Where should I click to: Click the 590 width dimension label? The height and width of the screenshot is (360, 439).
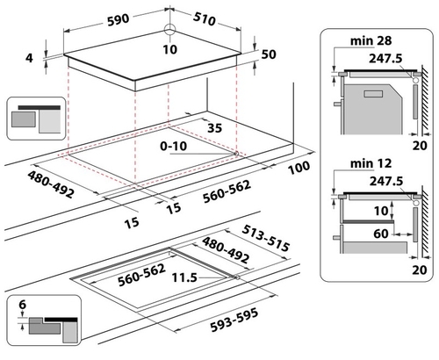click(119, 20)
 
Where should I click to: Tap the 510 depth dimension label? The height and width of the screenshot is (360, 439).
click(205, 18)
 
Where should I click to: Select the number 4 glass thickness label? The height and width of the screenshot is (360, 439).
click(29, 58)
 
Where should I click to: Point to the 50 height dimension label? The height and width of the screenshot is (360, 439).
click(269, 54)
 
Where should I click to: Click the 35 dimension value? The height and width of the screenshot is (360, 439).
click(215, 128)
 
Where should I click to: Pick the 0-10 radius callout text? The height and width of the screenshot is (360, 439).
click(173, 146)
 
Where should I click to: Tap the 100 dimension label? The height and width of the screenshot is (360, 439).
click(299, 168)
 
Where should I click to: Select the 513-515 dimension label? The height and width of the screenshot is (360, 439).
click(266, 238)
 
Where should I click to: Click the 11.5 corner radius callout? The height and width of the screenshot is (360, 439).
click(184, 277)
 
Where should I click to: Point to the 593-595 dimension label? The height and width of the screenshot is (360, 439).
click(234, 320)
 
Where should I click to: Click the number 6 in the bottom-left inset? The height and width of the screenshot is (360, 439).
click(23, 305)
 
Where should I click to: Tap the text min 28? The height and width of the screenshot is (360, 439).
click(371, 40)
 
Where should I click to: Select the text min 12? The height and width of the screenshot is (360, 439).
click(371, 163)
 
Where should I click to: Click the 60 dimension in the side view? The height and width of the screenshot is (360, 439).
click(381, 234)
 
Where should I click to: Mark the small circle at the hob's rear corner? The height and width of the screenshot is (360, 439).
click(169, 30)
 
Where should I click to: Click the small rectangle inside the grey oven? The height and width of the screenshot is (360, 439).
click(373, 94)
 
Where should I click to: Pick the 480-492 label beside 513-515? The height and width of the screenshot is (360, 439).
click(226, 249)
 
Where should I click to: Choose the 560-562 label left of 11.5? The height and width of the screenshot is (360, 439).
click(141, 275)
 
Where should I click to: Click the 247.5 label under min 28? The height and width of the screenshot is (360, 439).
click(385, 59)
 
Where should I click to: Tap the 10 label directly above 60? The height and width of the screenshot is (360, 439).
click(381, 211)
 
